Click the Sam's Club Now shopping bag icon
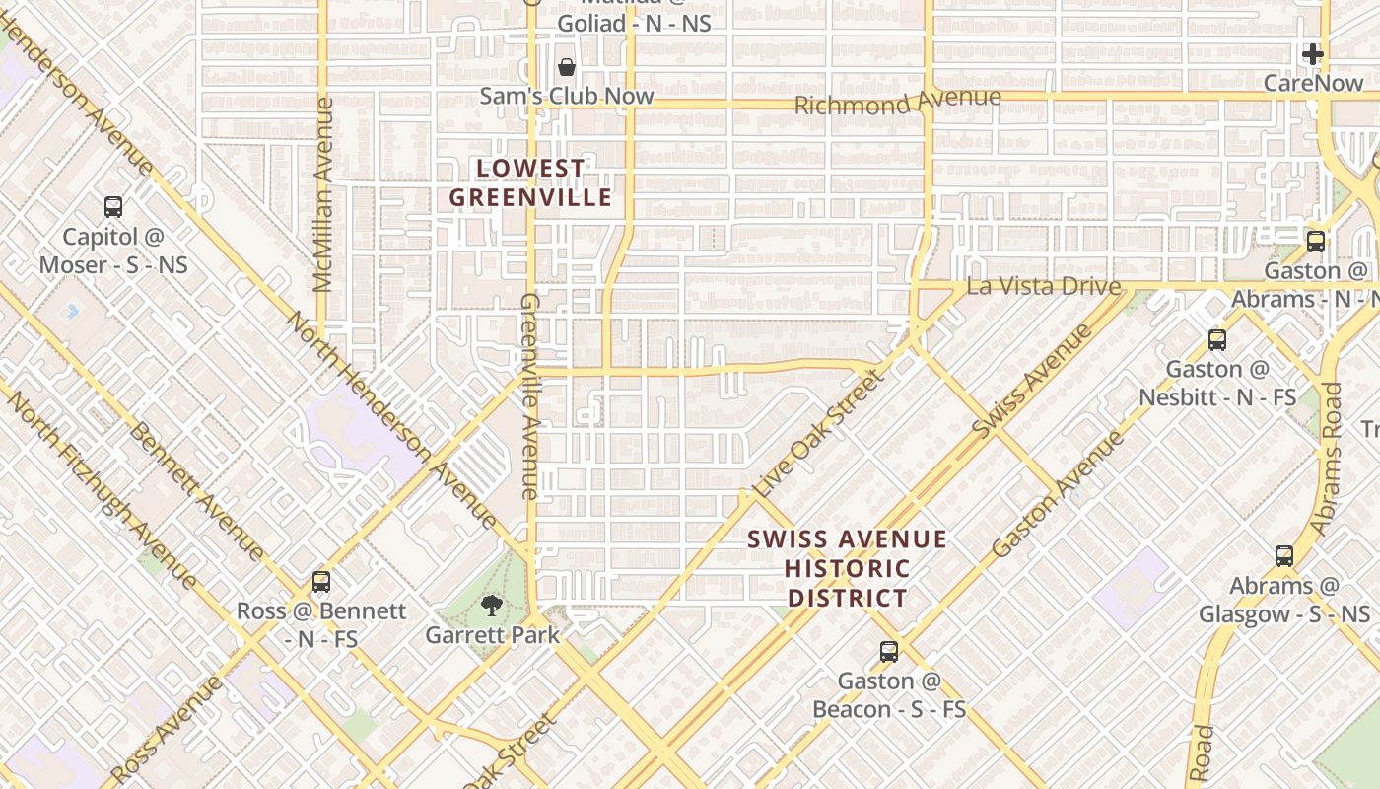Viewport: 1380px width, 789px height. click(567, 67)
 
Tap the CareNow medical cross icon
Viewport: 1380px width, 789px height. click(1312, 54)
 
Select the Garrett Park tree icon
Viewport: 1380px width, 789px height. click(491, 606)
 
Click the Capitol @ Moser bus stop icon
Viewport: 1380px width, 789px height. click(113, 207)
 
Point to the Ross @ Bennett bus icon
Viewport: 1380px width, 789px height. click(320, 582)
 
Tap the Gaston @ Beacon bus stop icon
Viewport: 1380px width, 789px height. click(888, 651)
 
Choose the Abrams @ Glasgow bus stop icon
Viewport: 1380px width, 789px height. click(1283, 556)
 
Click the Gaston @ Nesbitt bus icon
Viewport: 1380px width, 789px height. click(1217, 340)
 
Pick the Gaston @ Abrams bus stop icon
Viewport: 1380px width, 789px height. click(1315, 242)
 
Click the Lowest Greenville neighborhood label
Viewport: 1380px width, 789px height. click(531, 183)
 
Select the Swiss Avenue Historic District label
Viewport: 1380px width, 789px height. click(847, 569)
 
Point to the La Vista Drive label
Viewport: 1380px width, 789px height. click(1044, 287)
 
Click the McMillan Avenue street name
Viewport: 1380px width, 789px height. click(323, 194)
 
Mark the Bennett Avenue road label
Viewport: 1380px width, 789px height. click(196, 492)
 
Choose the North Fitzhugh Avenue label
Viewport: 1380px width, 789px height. click(99, 483)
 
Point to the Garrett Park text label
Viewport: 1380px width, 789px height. click(492, 635)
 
